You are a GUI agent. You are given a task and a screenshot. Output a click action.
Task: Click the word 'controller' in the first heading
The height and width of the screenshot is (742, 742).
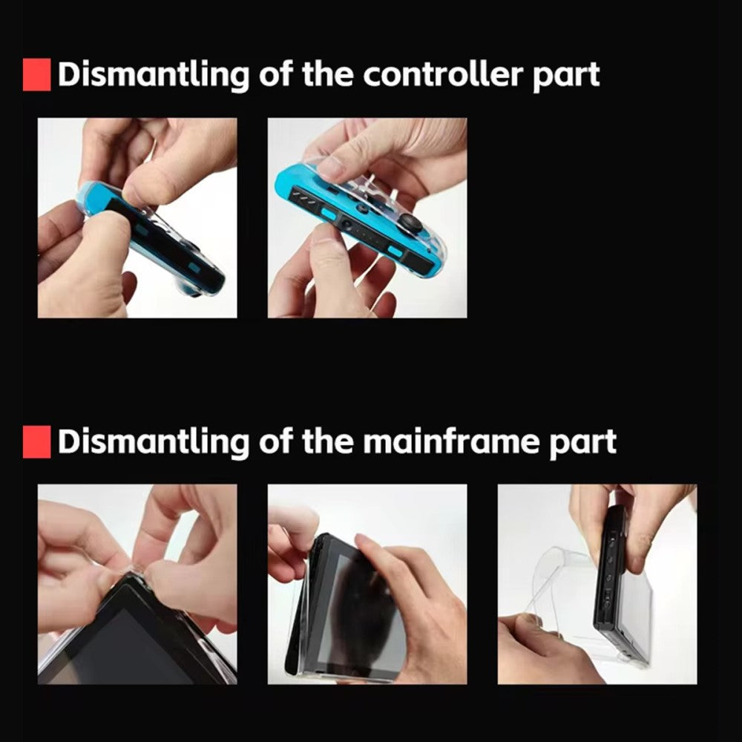[x=443, y=74]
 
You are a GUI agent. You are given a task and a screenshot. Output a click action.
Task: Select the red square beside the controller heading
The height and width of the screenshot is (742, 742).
[x=36, y=74]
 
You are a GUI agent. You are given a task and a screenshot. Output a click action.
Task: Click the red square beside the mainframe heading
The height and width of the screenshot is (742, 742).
[x=36, y=441]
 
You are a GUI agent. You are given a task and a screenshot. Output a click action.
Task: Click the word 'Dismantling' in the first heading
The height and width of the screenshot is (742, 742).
[x=154, y=75]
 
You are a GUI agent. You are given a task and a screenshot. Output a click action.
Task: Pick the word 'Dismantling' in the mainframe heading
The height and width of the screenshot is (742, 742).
[x=154, y=442]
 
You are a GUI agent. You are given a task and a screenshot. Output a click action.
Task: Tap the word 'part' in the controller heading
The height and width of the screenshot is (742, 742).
[x=566, y=76]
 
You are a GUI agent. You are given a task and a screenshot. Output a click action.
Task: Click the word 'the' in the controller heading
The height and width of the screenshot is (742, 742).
[x=327, y=74]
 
